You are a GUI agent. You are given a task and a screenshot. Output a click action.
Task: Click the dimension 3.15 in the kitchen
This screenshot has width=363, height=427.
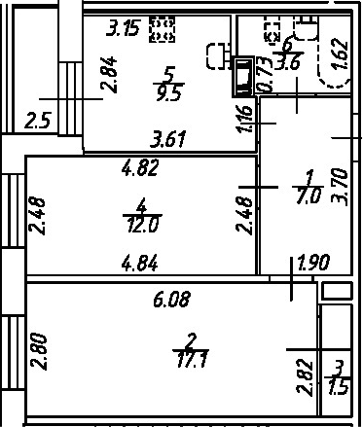pos(124,28)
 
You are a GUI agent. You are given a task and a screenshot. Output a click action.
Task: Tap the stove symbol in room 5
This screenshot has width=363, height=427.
pos(162,29)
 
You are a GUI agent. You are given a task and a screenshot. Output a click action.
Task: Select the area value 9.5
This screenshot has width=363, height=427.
pos(168,93)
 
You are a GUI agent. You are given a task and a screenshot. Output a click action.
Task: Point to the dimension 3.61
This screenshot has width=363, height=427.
pos(168,139)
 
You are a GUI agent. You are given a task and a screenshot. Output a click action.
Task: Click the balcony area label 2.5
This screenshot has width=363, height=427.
pos(37,121)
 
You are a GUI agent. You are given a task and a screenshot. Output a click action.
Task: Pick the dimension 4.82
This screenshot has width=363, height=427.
pos(140,167)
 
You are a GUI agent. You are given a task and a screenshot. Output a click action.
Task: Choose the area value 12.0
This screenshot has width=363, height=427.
pos(143,225)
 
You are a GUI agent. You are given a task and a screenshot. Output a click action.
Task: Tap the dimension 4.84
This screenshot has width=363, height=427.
pos(140,263)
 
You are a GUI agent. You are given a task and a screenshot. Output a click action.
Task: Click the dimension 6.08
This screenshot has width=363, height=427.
pos(171,299)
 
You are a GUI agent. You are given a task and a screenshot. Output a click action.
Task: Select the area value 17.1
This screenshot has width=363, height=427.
pos(192,359)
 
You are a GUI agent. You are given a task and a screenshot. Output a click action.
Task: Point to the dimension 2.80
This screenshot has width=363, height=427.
pos(39,351)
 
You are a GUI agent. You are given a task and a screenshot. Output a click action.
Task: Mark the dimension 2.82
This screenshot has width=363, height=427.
pos(305,377)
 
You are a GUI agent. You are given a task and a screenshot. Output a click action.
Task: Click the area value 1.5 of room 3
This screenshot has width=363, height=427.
pos(339,387)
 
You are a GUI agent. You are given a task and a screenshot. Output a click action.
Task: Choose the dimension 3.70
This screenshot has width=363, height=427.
pos(340,187)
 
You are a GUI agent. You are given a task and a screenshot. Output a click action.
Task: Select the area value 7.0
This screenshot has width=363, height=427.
pos(309,196)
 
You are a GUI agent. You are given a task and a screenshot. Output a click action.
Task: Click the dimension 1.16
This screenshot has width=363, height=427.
pos(245,119)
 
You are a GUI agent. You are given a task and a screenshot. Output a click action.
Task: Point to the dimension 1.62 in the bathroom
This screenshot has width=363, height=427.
pos(341,53)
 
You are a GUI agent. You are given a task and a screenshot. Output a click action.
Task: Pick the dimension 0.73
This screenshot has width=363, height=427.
pos(264,75)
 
